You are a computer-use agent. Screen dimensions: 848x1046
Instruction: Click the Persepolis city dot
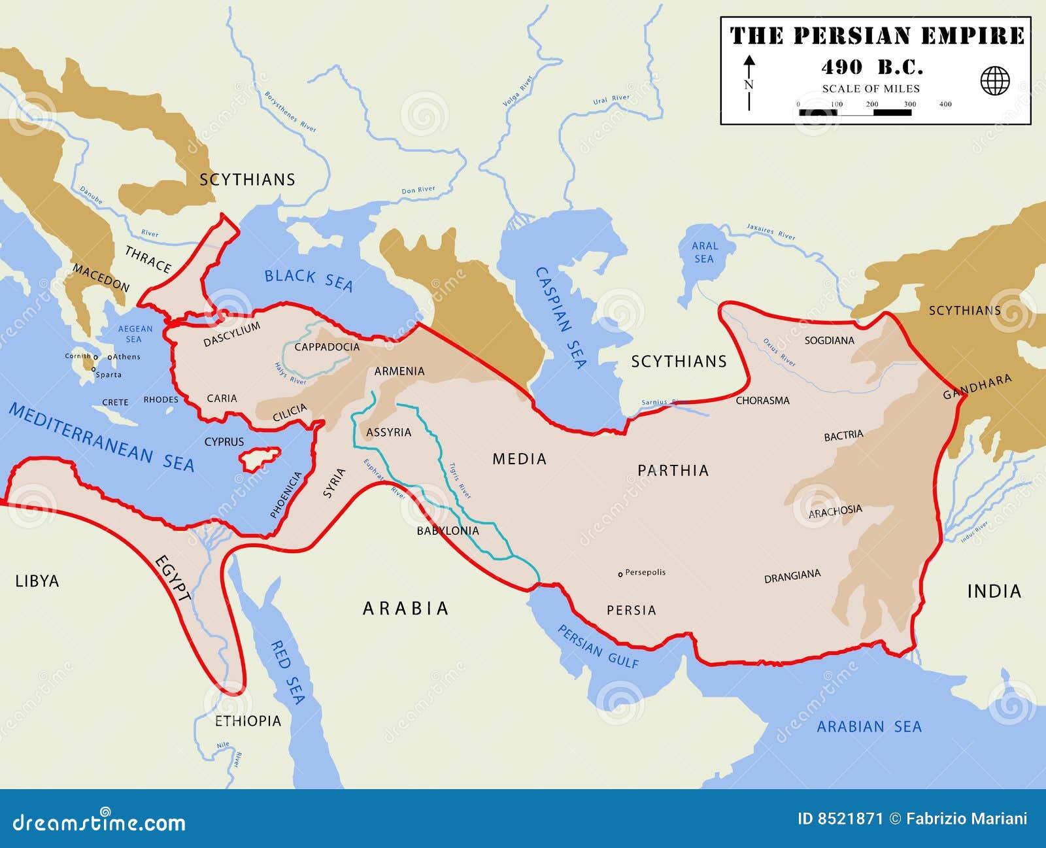[x=620, y=574]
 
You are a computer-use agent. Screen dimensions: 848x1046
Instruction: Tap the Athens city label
[x=126, y=357]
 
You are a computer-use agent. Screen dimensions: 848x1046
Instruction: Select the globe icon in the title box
[x=994, y=81]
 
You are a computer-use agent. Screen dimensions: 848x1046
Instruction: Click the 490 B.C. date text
[x=871, y=67]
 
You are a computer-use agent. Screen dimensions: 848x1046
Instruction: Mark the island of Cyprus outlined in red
[x=259, y=459]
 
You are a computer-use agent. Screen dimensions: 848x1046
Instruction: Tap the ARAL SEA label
[x=704, y=252]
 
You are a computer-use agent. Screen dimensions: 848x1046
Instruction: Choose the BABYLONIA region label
[x=448, y=531]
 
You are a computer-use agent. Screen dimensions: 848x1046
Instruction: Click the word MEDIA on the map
[x=519, y=459]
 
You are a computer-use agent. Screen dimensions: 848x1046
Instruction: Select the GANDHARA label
[x=977, y=386]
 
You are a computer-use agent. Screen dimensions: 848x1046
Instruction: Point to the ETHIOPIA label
[x=248, y=721]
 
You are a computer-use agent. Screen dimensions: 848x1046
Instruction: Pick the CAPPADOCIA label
[x=327, y=347]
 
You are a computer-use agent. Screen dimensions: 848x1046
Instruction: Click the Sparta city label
[x=109, y=375]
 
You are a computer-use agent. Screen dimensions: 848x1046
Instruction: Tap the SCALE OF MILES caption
[x=871, y=89]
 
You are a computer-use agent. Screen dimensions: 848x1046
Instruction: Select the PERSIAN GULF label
[x=598, y=646]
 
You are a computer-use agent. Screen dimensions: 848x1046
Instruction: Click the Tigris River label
[x=460, y=481]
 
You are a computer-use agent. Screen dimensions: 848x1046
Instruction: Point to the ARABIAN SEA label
[x=869, y=726]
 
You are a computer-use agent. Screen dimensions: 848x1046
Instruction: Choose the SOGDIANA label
[x=829, y=340]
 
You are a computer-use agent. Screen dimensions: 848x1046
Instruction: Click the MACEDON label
[x=101, y=278]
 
